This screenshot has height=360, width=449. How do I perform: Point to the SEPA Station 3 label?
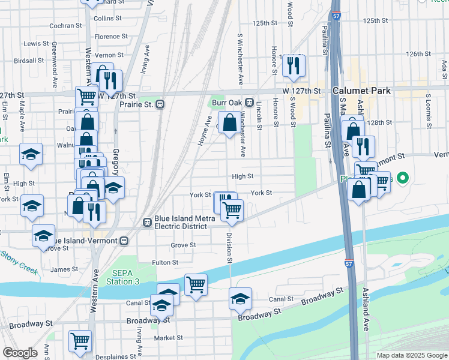(123, 278)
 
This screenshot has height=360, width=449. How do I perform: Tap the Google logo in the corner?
(20, 353)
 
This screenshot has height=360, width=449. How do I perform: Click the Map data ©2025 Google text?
(411, 355)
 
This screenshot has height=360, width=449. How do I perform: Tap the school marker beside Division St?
(240, 298)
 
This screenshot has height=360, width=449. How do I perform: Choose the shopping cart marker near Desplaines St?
(80, 341)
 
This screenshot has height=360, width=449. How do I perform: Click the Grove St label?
(183, 245)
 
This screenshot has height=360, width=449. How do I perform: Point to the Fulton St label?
(165, 262)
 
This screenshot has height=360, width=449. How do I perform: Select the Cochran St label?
(65, 26)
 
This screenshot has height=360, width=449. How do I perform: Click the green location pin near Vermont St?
(403, 178)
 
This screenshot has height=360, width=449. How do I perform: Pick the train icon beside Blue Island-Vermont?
(124, 241)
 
